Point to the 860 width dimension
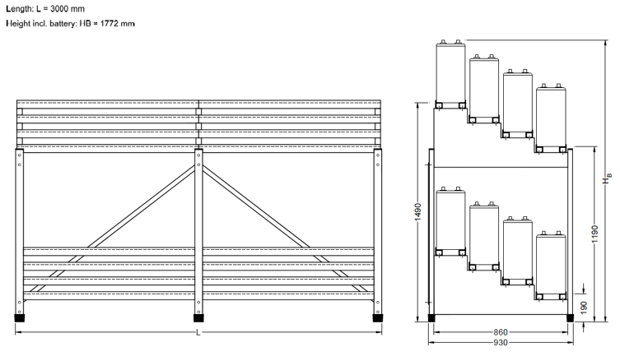point(501,331)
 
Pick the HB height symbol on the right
point(608,179)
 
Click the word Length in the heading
point(17,8)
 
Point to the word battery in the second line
point(59,24)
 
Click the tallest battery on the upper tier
point(451,72)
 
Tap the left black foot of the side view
point(431,317)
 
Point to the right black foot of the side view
point(570,317)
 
